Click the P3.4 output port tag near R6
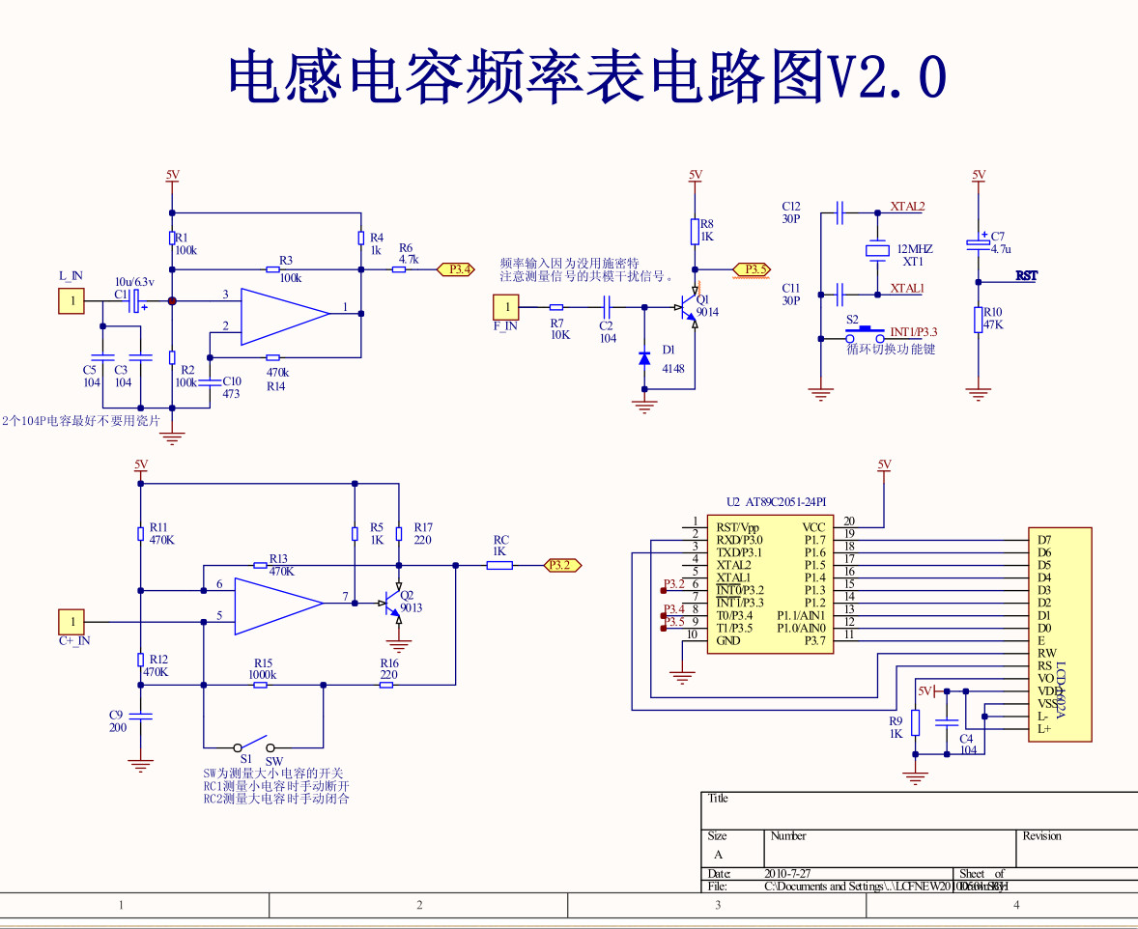click(456, 269)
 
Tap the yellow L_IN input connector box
click(71, 301)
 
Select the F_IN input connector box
click(505, 308)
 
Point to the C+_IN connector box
click(71, 621)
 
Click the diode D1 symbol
click(644, 357)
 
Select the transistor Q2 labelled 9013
click(392, 605)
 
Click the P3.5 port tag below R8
click(752, 268)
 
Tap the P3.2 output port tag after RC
click(563, 565)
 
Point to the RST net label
click(1027, 276)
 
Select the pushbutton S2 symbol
click(865, 335)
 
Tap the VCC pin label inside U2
click(813, 527)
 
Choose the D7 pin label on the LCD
click(1043, 540)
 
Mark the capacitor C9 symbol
click(141, 716)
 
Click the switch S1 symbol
click(255, 746)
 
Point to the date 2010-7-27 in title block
click(788, 873)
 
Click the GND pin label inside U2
click(728, 641)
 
